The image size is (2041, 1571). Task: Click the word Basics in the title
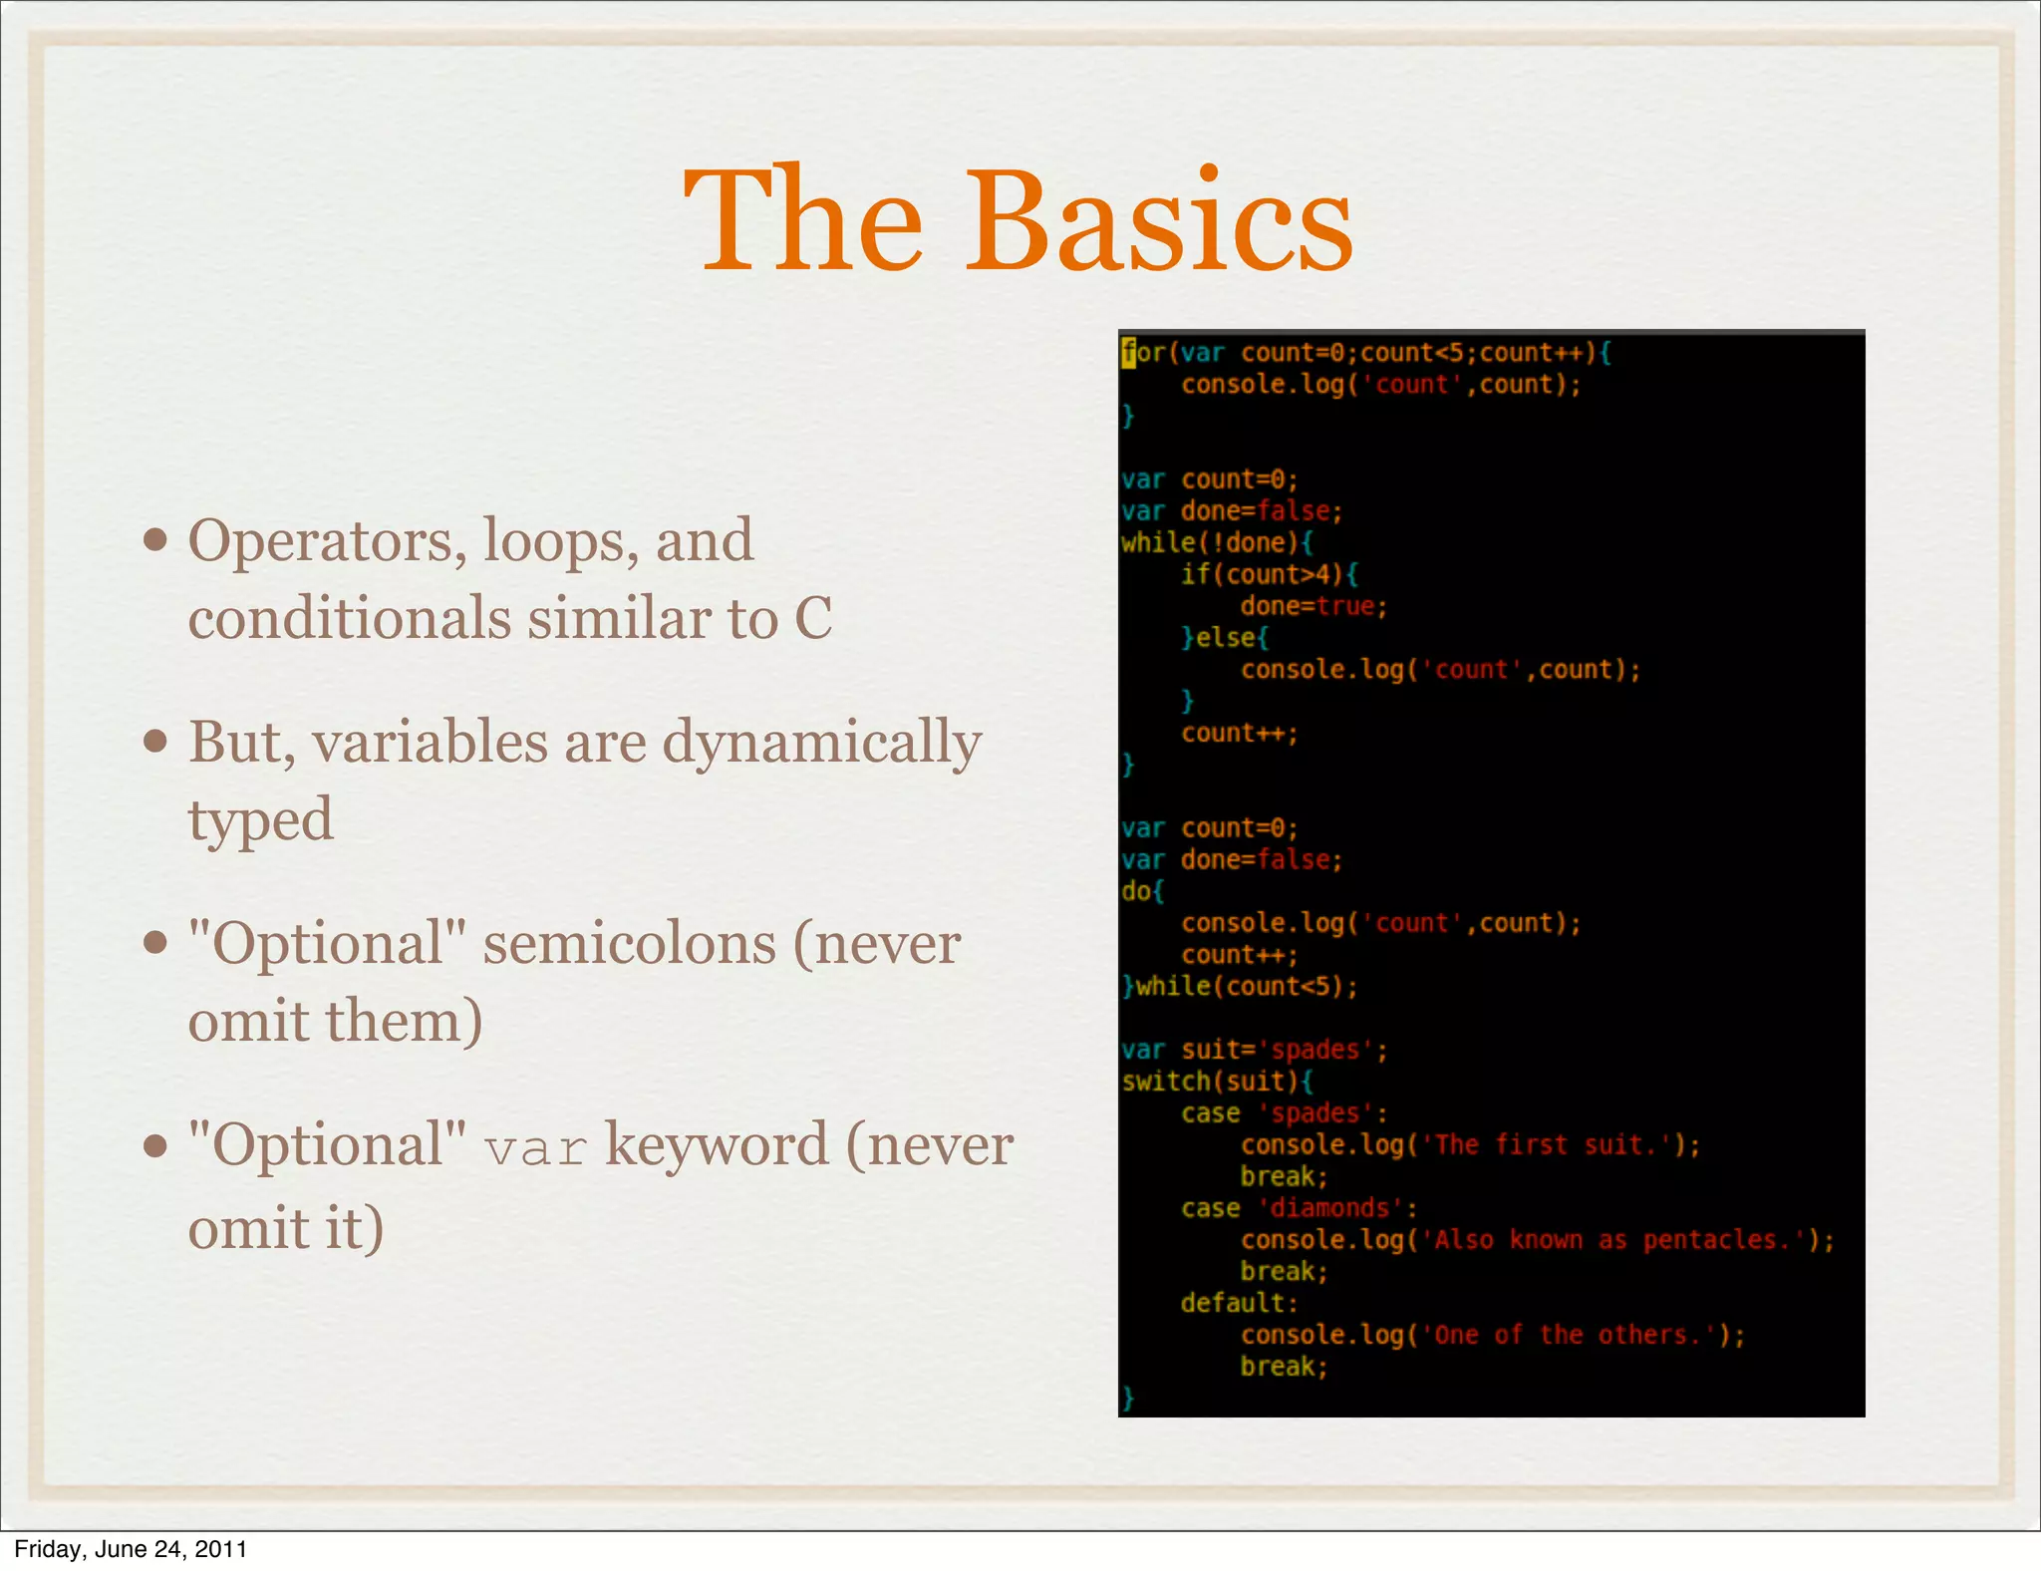[x=1158, y=221]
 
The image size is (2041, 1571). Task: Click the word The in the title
[x=803, y=221]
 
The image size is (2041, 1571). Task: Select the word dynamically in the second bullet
[x=822, y=745]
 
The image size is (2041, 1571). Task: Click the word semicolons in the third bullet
[x=629, y=944]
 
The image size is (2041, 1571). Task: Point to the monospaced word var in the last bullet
[x=535, y=1149]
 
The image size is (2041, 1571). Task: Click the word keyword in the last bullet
[x=717, y=1145]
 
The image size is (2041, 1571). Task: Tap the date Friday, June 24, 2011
[x=131, y=1549]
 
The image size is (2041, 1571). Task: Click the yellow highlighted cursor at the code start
[x=1128, y=353]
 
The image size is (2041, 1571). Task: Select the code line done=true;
[x=1312, y=606]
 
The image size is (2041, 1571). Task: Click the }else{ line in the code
[x=1224, y=638]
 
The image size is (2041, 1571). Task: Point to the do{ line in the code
[x=1142, y=891]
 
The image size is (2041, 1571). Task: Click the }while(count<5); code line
[x=1239, y=987]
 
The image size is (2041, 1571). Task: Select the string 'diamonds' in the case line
[x=1329, y=1208]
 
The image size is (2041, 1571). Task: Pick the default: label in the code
[x=1239, y=1303]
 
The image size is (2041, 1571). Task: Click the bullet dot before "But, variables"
[x=155, y=743]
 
